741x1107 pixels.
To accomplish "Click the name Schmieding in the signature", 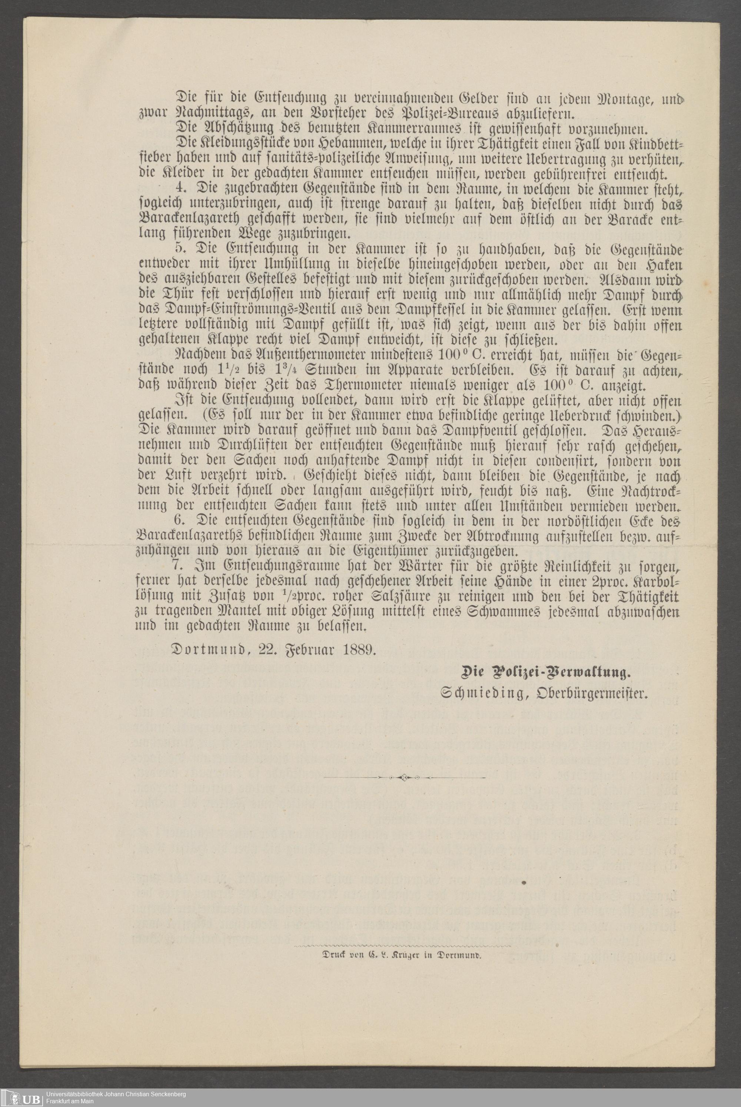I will (x=482, y=693).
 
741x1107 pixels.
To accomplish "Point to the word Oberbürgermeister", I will (x=591, y=693).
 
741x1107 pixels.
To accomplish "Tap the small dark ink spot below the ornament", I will (x=524, y=882).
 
